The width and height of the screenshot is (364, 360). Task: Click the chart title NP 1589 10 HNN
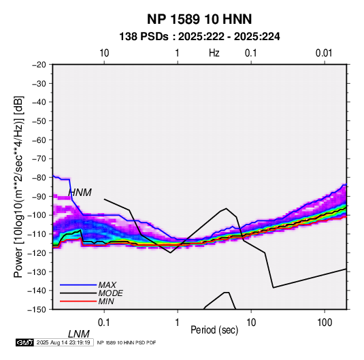[x=199, y=19]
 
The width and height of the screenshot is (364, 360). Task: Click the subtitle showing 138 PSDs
[x=199, y=37]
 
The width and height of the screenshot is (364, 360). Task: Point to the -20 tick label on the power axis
[x=39, y=65]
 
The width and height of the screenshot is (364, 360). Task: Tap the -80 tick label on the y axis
[x=39, y=178]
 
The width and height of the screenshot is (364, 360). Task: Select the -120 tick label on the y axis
[x=37, y=252]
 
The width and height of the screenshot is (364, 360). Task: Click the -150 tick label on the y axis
[x=37, y=310]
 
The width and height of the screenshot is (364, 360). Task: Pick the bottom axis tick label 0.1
[x=104, y=322]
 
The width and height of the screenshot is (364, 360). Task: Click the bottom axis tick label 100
[x=325, y=322]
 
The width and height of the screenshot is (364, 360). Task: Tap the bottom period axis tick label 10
[x=251, y=322]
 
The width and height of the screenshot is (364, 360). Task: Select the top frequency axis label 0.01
[x=324, y=53]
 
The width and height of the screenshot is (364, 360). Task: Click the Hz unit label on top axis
[x=214, y=53]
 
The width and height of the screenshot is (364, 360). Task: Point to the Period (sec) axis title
[x=214, y=330]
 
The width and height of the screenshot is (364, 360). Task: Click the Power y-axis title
[x=18, y=186]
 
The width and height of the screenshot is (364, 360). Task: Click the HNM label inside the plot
[x=80, y=193]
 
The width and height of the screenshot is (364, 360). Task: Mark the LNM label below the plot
[x=79, y=334]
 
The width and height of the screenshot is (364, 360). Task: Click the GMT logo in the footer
[x=24, y=342]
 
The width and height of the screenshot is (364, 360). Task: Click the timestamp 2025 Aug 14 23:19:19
[x=63, y=342]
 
